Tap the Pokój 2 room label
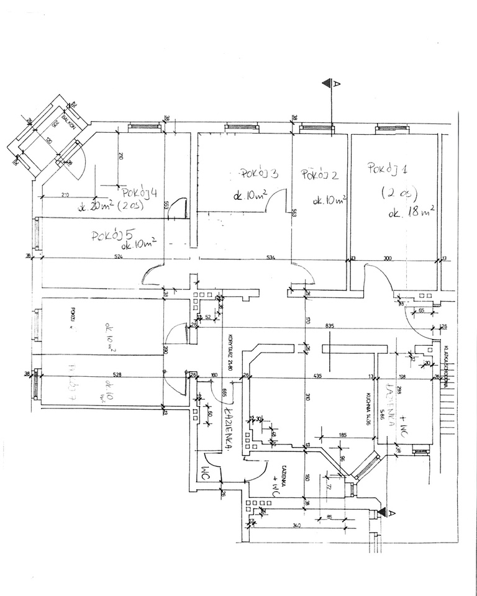(x=319, y=176)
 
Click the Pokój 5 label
(x=113, y=236)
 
